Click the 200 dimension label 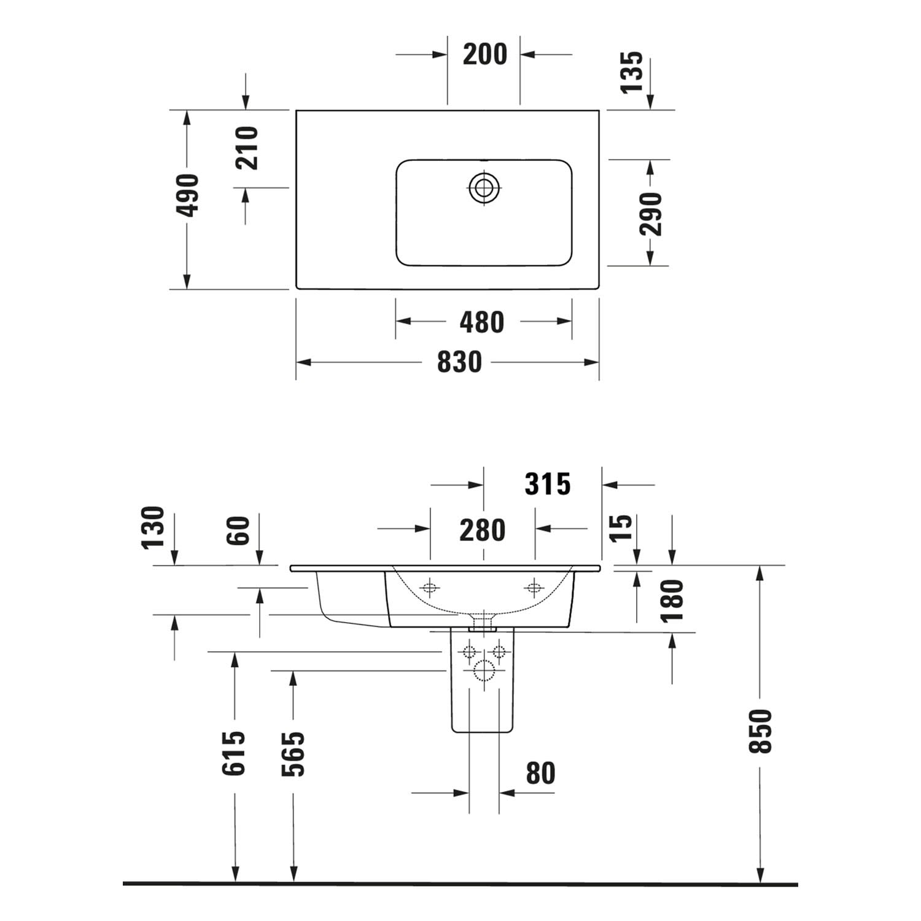(x=485, y=54)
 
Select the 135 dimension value (x=632, y=72)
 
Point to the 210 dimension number (x=247, y=148)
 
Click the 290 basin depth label (x=651, y=214)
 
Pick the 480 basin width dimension (x=482, y=322)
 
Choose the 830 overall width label (x=459, y=362)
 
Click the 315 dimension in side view (x=548, y=484)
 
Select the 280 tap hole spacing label (x=483, y=530)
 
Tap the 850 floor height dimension (x=761, y=731)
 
